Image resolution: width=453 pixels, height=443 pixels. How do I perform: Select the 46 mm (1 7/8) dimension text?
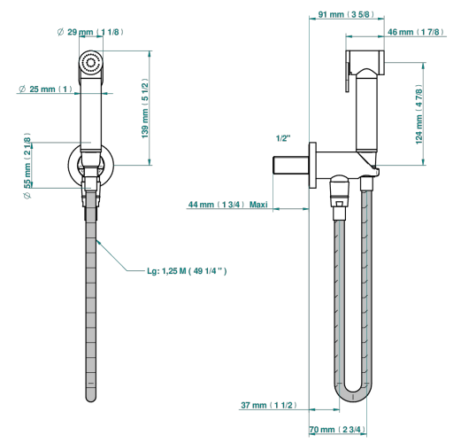pos(416,32)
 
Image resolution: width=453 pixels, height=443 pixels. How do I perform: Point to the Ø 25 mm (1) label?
pos(45,89)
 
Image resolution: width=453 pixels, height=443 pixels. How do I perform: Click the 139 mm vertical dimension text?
pos(145,108)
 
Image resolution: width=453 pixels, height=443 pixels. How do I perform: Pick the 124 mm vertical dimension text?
pos(418,114)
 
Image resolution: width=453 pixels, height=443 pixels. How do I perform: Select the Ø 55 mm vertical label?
pos(27,166)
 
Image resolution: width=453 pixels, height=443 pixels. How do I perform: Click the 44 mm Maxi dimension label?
pos(228,205)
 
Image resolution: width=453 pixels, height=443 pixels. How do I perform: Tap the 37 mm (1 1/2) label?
pos(269,405)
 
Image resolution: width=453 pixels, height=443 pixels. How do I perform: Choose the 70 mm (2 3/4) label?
pos(337,430)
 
